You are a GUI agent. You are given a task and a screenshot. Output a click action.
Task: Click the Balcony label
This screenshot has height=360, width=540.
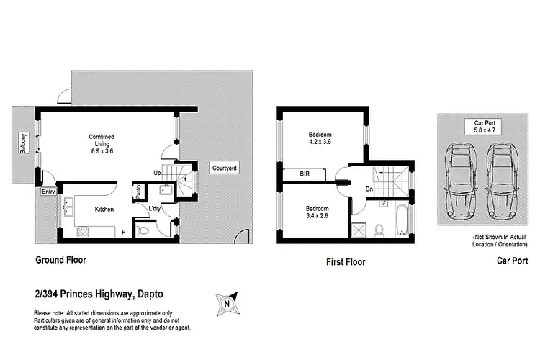pyautogui.click(x=23, y=144)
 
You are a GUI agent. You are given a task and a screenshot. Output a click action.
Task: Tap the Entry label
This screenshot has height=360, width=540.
pyautogui.click(x=48, y=192)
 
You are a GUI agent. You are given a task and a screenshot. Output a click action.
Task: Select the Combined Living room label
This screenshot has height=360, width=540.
pyautogui.click(x=102, y=144)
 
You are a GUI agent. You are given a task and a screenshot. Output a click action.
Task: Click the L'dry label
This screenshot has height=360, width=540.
pyautogui.click(x=154, y=210)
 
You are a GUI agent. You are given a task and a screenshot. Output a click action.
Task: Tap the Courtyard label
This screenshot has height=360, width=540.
pyautogui.click(x=224, y=168)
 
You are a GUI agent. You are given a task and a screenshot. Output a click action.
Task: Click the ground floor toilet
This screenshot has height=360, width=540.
pyautogui.click(x=143, y=231)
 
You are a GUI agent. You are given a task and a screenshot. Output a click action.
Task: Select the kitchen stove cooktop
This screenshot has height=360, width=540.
pyautogui.click(x=82, y=232)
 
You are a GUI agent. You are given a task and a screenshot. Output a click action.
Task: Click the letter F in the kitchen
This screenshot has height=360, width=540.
pyautogui.click(x=123, y=233)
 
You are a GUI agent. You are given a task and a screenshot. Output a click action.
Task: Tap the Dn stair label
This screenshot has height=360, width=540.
pyautogui.click(x=369, y=190)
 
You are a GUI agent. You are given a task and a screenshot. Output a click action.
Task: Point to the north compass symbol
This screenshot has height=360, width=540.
pyautogui.click(x=227, y=303)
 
